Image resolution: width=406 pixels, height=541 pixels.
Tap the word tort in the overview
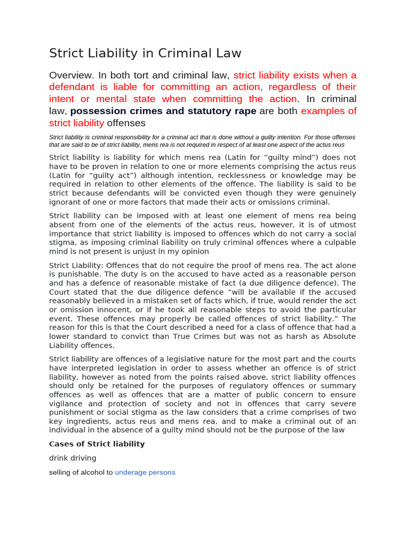(147, 75)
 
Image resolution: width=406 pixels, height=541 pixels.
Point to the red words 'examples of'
(328, 111)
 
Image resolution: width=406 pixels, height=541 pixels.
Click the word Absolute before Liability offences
(335, 337)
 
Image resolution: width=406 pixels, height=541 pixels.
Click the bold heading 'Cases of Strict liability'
(97, 444)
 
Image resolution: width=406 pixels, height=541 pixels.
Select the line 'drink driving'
(72, 459)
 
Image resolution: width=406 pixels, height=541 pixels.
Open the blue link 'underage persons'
(145, 473)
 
